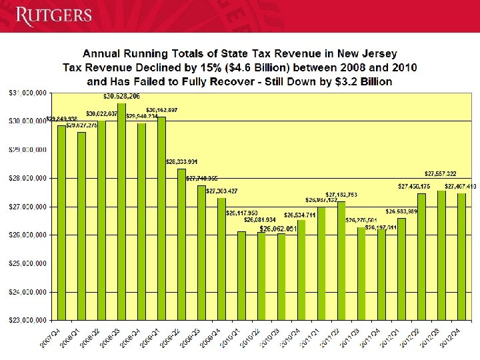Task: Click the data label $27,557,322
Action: coord(441,173)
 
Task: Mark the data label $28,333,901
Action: coord(181,161)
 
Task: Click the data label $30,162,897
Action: coord(161,109)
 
